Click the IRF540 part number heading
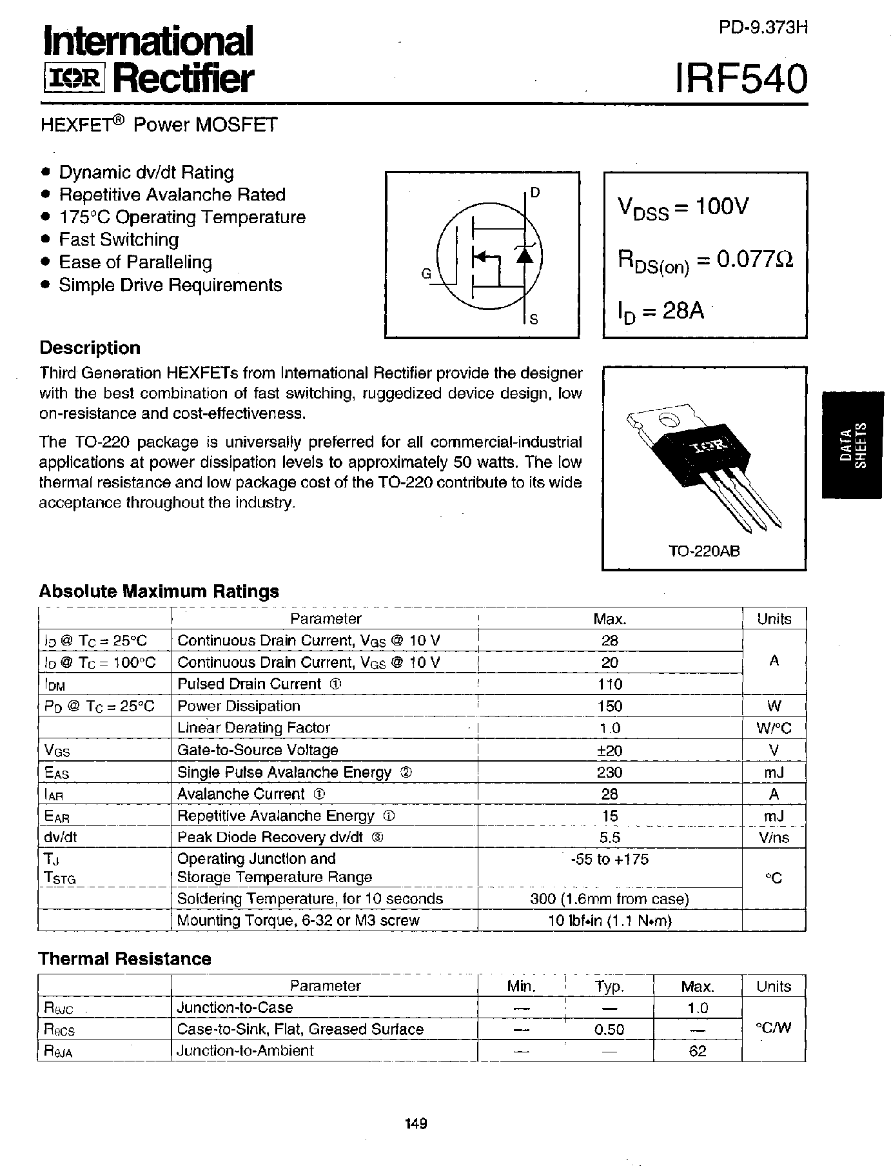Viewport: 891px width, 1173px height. tap(741, 79)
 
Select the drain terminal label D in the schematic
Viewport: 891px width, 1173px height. tap(535, 193)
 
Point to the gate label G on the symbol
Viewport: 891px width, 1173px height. tap(426, 273)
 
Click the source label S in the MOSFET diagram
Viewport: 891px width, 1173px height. tap(534, 319)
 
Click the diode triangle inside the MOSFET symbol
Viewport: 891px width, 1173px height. tap(524, 256)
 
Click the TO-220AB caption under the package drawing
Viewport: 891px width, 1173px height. tap(703, 552)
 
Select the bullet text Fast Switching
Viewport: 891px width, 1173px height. tap(119, 240)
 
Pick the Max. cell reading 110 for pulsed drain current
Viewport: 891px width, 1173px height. tap(609, 684)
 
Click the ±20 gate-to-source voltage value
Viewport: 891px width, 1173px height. tap(609, 750)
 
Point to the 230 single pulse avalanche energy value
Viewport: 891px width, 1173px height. tap(609, 772)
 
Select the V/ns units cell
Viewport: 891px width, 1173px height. tap(774, 838)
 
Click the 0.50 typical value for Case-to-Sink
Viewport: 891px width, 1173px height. tap(609, 1029)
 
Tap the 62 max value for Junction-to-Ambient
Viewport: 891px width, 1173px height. tap(698, 1051)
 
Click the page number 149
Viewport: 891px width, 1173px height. tap(416, 1124)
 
